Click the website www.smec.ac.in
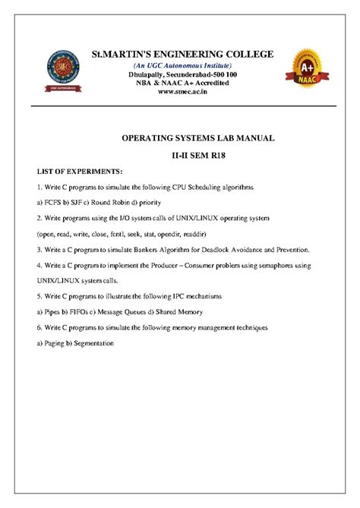tap(182, 93)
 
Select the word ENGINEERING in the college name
tap(188, 54)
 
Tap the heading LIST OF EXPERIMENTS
tap(73, 172)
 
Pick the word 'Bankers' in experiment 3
tap(158, 249)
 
